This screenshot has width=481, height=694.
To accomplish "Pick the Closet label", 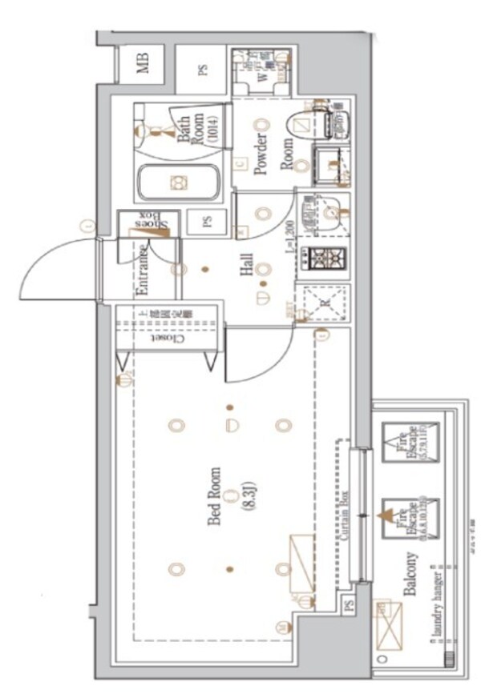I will pyautogui.click(x=168, y=339).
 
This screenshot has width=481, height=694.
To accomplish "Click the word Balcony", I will pyautogui.click(x=410, y=576).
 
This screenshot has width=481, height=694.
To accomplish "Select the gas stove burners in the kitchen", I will pyautogui.click(x=322, y=259).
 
